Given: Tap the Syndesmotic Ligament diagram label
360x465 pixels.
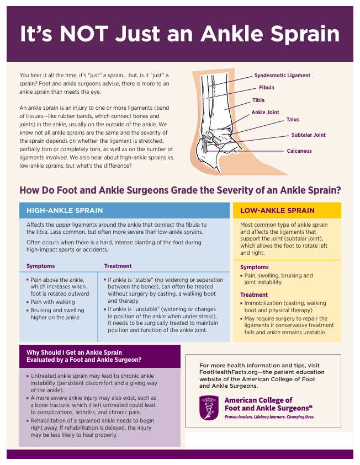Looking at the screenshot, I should (282, 76).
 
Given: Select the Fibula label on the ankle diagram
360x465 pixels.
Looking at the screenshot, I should (266, 88).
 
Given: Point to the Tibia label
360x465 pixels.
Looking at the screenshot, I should (258, 100).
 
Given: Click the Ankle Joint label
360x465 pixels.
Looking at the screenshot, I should (265, 113).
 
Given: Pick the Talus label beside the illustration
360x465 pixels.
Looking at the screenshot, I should (292, 120).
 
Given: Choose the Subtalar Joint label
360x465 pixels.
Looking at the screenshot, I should (308, 135).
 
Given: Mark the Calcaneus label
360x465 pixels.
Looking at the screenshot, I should (299, 151).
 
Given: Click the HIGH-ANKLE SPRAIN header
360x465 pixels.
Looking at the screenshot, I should (65, 211).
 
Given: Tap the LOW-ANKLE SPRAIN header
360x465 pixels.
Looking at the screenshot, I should (277, 211).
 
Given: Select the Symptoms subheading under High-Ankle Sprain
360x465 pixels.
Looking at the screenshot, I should (41, 266).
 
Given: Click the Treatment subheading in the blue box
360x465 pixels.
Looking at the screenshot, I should (118, 266).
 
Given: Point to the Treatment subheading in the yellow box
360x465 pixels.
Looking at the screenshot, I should (254, 295).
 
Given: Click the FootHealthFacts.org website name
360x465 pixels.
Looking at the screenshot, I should (226, 372).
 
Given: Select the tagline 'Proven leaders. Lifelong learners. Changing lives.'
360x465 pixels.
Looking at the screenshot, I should (269, 418).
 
